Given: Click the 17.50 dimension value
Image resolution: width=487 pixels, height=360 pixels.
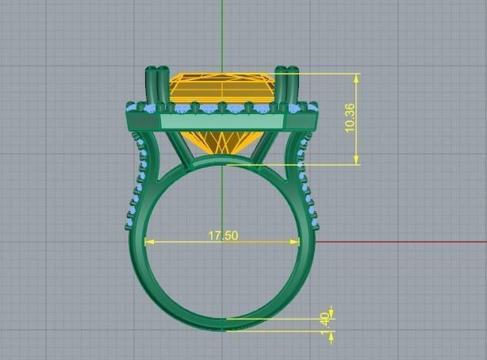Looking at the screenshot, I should tap(223, 236).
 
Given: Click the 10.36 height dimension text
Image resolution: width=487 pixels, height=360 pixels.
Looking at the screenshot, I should tap(350, 118).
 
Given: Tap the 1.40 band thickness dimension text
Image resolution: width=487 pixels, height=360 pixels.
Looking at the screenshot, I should tap(324, 319).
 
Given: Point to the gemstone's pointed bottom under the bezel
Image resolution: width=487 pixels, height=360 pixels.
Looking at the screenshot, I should tap(221, 147).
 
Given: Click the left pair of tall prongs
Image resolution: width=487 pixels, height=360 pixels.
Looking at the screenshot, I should tap(156, 83).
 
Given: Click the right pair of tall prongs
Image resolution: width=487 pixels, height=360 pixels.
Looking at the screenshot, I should tap(285, 83).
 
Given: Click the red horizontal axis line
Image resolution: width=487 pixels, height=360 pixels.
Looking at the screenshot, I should tap(405, 242).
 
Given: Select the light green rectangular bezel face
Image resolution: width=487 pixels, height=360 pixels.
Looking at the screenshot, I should tap(221, 121).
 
